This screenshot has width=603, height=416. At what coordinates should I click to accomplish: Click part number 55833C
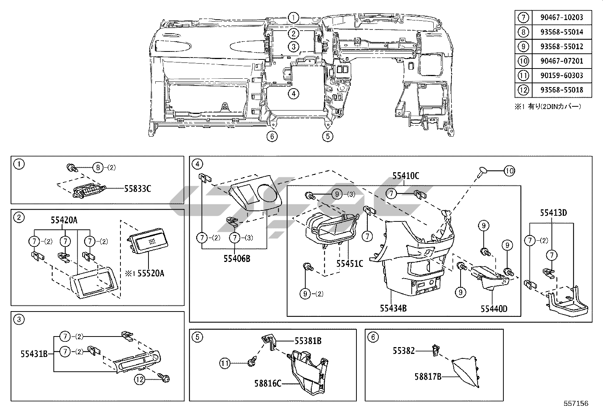137,189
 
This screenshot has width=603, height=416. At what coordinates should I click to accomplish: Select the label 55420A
64,220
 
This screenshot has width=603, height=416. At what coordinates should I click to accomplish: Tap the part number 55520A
151,273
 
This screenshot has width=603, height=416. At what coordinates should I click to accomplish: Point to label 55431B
34,354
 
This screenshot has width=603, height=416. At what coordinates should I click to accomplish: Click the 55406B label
237,259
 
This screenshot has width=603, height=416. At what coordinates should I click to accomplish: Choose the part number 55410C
406,176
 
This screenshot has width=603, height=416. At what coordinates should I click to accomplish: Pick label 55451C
350,264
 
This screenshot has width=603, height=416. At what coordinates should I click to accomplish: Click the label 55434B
393,308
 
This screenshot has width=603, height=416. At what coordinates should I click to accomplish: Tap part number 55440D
494,309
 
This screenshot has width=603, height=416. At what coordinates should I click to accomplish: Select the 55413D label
553,213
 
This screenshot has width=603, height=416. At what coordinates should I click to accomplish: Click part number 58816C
268,383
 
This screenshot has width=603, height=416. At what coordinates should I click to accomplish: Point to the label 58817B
428,377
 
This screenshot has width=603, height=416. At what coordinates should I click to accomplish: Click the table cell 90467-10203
562,17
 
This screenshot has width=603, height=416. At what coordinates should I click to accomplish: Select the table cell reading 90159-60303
562,75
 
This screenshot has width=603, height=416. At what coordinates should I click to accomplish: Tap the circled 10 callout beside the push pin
509,171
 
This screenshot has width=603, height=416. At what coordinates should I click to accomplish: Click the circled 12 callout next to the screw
140,380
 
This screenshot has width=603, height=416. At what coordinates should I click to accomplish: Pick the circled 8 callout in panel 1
98,168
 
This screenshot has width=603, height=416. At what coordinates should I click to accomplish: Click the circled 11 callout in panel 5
225,363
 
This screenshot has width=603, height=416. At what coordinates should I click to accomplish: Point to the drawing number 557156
576,404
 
